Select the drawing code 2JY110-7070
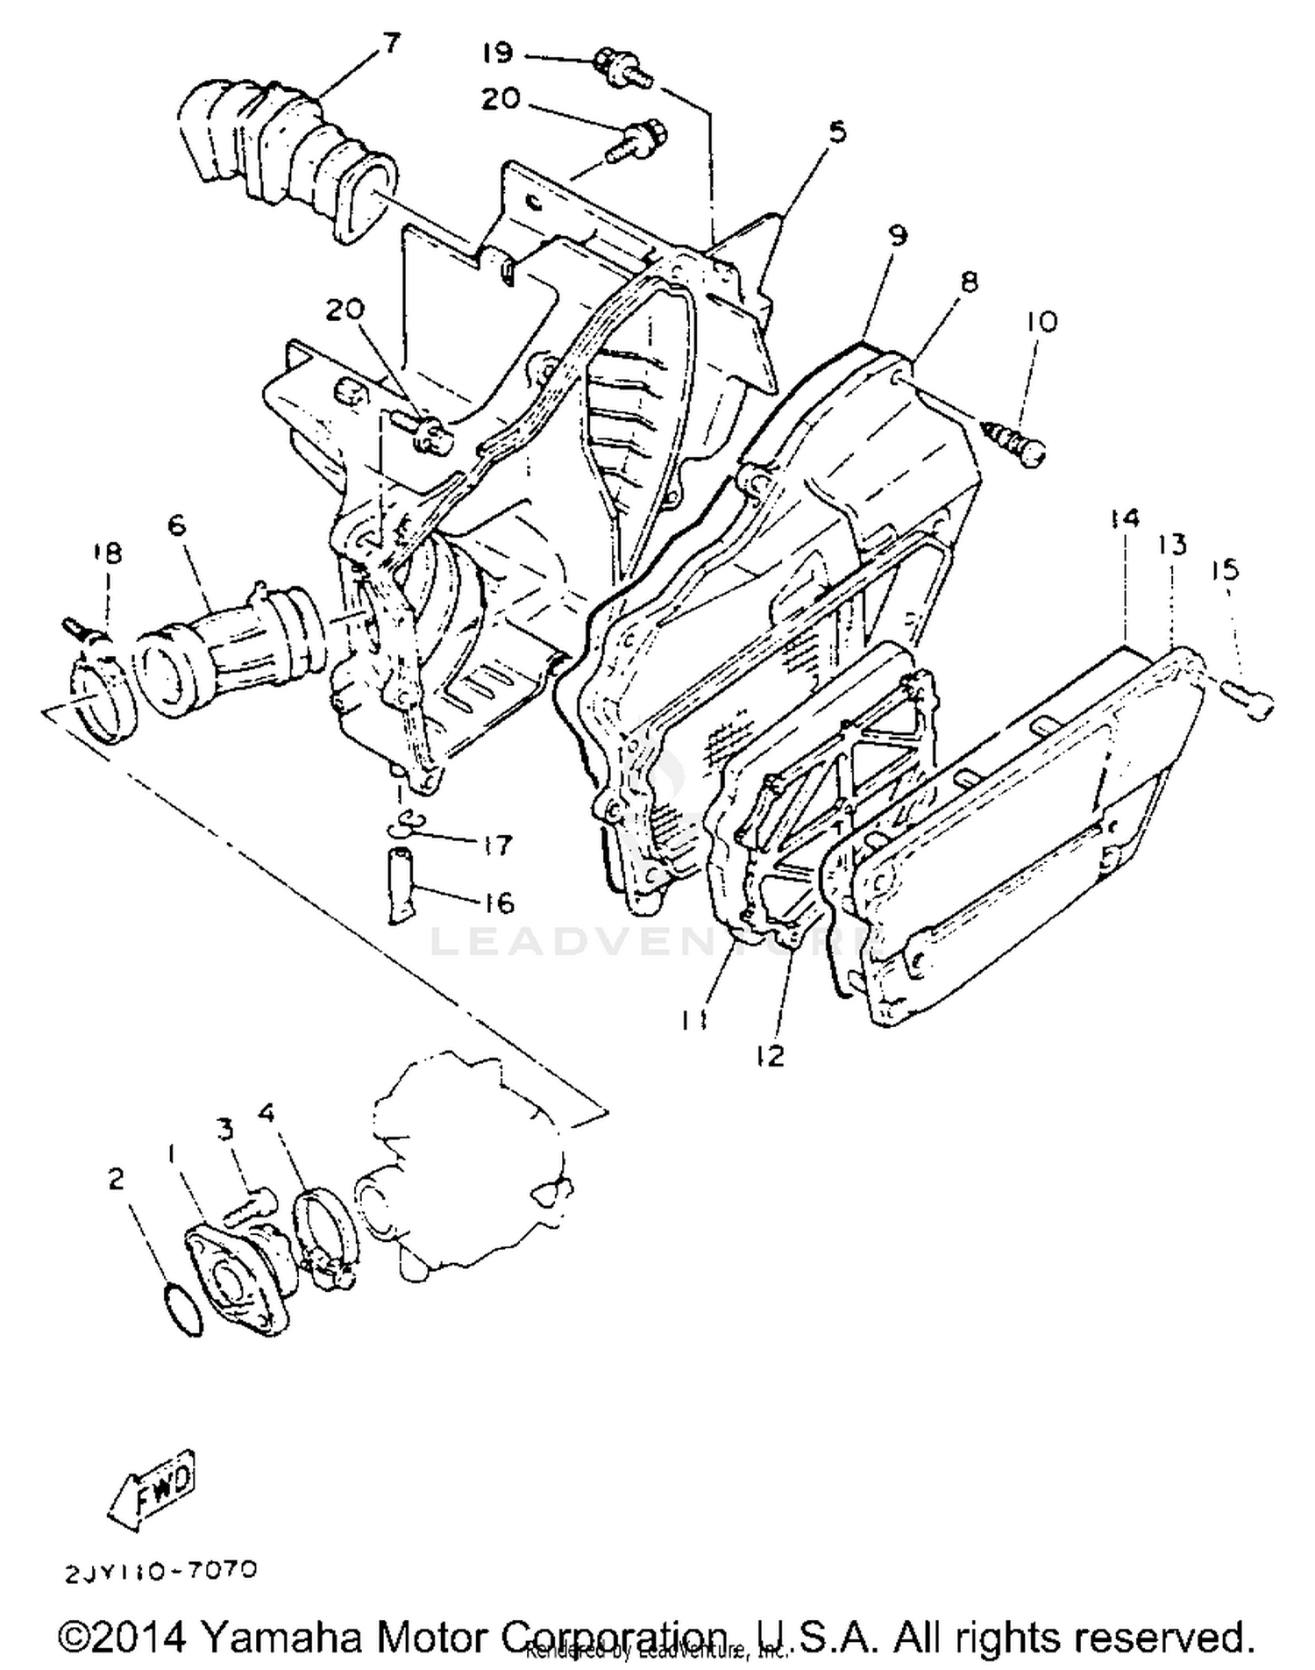tap(160, 1570)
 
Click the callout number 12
tap(770, 1056)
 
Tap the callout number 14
tap(1124, 518)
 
